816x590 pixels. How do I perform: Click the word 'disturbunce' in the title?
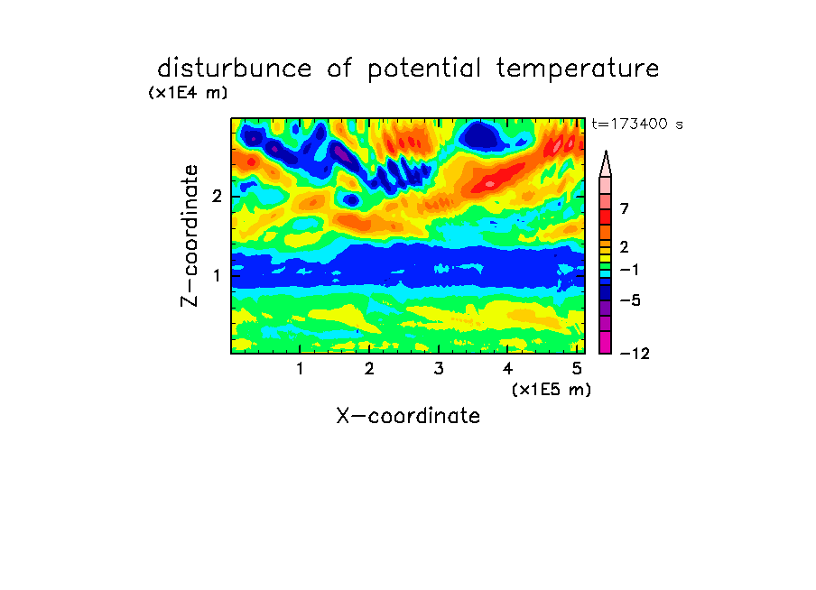tap(235, 69)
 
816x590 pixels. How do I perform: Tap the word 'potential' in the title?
tap(424, 69)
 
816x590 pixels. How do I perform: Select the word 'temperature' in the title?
tap(578, 69)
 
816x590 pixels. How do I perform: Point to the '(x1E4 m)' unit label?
tap(188, 93)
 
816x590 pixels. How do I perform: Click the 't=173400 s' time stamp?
tap(637, 124)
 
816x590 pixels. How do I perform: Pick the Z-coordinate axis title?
tap(190, 235)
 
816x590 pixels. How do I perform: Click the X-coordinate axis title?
tap(408, 416)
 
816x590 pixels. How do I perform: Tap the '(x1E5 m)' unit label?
tap(552, 390)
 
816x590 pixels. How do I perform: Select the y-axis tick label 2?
tap(217, 196)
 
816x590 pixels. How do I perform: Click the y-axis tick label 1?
tap(217, 275)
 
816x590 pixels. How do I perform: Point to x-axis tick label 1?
tap(300, 369)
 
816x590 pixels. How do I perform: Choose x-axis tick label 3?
tap(439, 369)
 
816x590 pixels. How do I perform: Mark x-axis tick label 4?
tap(508, 369)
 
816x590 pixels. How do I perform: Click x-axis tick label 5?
tap(577, 369)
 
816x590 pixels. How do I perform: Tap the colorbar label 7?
tap(625, 209)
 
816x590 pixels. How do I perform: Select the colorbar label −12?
tap(635, 354)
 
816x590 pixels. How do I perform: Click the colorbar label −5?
tap(630, 300)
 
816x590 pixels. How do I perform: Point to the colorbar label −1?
tap(629, 270)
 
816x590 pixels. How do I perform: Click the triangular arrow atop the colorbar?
tap(606, 165)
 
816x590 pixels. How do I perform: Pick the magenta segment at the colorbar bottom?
tap(606, 342)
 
